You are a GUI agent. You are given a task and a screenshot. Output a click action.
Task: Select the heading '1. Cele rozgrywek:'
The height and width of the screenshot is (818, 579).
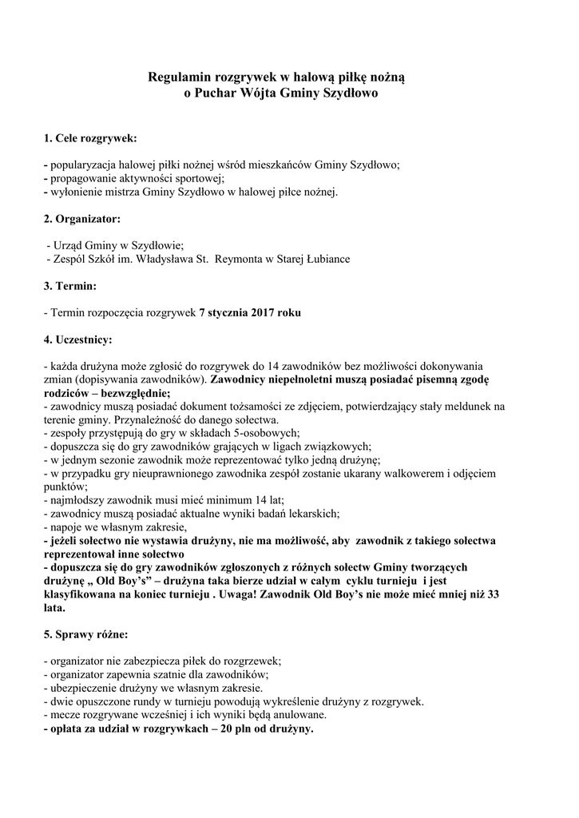[90, 138]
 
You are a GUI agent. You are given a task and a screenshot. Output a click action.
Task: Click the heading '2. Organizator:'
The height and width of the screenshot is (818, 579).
[82, 218]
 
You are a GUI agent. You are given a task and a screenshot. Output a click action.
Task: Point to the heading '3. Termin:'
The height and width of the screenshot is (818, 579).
[70, 285]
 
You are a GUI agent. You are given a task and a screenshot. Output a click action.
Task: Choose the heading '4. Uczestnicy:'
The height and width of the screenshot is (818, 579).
[78, 340]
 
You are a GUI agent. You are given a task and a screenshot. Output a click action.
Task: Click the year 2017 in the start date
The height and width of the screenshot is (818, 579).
[263, 312]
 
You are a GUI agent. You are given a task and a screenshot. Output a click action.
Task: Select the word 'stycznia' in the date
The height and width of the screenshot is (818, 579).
[227, 312]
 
